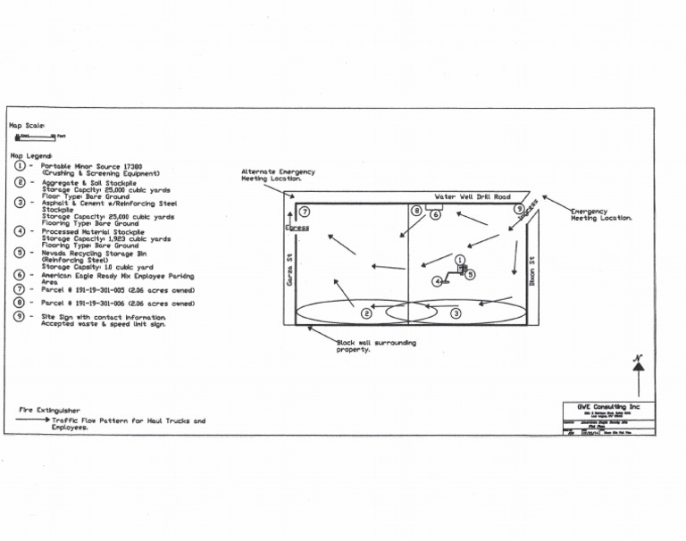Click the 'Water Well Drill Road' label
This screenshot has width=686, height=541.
pos(473,196)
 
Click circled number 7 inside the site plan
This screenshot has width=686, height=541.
pos(305,212)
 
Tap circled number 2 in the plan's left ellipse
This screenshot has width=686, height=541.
pos(366,313)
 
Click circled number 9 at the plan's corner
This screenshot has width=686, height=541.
pos(518,209)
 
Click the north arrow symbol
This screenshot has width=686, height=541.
pos(638,375)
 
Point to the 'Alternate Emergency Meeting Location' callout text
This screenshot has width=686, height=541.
pos(278,175)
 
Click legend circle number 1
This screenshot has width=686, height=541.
pos(21,166)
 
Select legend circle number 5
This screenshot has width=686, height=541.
pos(21,253)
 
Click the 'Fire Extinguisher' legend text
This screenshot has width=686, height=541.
pos(49,410)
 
